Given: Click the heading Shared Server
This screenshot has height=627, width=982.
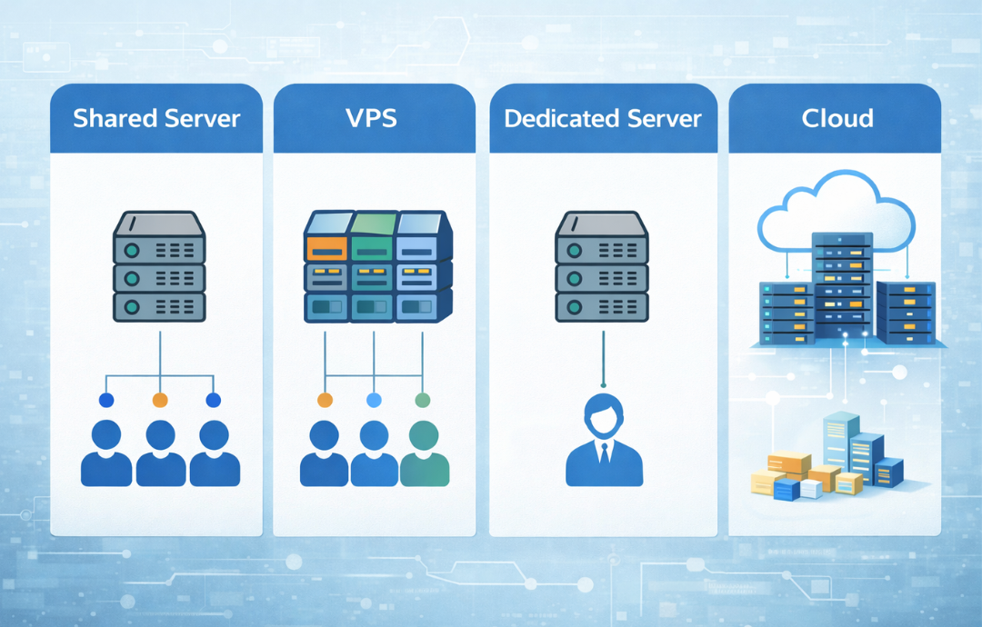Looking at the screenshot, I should click(x=156, y=118).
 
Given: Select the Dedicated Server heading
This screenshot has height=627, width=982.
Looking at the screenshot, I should click(x=603, y=118).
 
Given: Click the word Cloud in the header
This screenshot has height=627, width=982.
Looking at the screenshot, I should click(x=837, y=118).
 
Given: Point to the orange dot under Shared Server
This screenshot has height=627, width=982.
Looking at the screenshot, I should click(x=160, y=400).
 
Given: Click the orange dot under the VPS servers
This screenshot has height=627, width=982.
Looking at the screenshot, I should click(x=325, y=400).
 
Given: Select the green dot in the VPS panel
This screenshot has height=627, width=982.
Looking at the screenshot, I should click(x=422, y=400).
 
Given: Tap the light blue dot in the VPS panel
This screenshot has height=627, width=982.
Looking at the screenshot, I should click(x=373, y=400).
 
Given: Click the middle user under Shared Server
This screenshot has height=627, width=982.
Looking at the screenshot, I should click(x=160, y=453).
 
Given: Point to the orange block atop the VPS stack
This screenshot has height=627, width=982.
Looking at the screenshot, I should click(x=327, y=244).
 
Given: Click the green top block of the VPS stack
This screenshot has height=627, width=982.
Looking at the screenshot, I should click(x=373, y=244).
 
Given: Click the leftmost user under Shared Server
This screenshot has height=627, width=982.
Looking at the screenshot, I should click(x=106, y=453).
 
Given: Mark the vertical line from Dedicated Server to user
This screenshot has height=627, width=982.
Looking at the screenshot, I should click(x=602, y=359).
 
